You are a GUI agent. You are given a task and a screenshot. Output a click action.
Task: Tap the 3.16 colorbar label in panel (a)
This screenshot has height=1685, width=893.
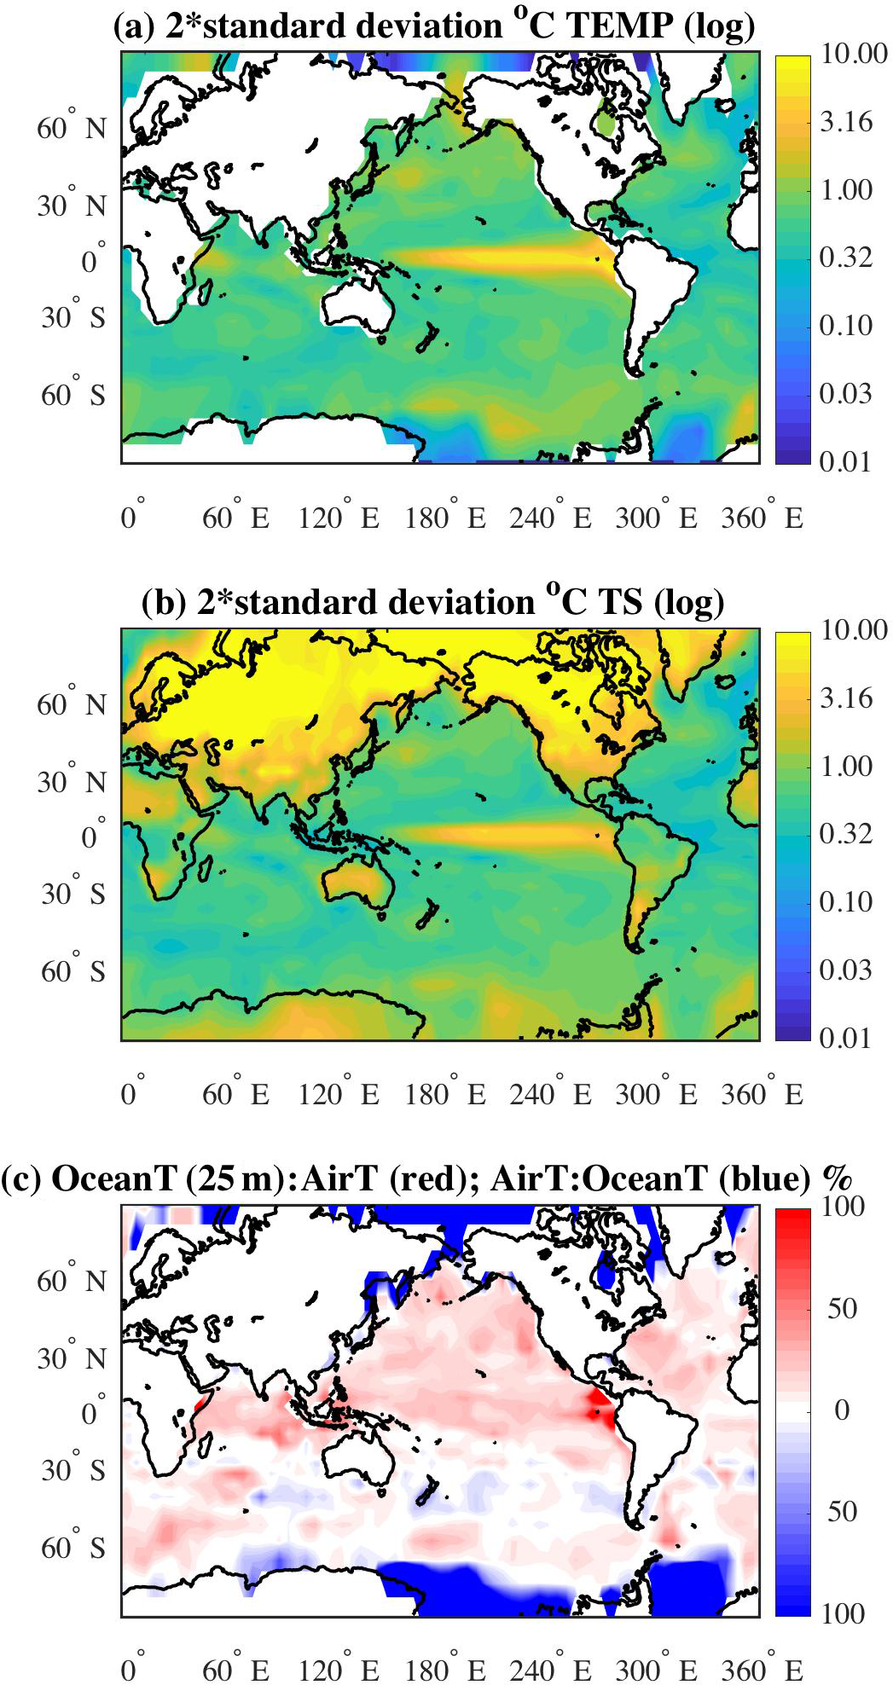[846, 122]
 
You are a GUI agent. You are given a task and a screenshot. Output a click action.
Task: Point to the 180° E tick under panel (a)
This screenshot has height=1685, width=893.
[444, 517]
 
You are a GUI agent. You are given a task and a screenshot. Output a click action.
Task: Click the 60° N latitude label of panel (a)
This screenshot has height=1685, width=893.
[72, 128]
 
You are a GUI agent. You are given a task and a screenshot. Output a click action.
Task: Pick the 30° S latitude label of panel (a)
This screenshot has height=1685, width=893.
[73, 317]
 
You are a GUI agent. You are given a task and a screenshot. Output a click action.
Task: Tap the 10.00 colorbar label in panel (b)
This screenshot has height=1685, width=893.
[854, 630]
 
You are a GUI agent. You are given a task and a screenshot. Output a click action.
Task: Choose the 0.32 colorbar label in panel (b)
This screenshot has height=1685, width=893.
[846, 833]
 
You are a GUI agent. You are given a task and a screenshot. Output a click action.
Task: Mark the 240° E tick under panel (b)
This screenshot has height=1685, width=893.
[550, 1093]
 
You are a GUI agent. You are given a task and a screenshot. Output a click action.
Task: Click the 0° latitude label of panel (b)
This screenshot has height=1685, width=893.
[92, 837]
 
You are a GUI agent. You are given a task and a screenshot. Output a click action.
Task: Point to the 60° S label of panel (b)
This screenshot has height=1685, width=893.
[73, 970]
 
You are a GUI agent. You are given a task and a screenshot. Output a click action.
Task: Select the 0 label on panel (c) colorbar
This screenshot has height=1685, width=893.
[841, 1410]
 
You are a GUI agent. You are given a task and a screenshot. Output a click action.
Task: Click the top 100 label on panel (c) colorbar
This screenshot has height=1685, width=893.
[843, 1207]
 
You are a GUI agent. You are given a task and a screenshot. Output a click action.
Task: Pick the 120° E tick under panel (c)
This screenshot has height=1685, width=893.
[339, 1669]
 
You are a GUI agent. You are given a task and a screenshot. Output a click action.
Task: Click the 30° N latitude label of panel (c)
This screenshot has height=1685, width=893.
[72, 1358]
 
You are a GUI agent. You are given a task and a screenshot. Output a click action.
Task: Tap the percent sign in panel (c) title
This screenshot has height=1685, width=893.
[838, 1178]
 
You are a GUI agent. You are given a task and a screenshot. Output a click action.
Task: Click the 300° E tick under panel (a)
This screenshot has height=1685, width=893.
[656, 517]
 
